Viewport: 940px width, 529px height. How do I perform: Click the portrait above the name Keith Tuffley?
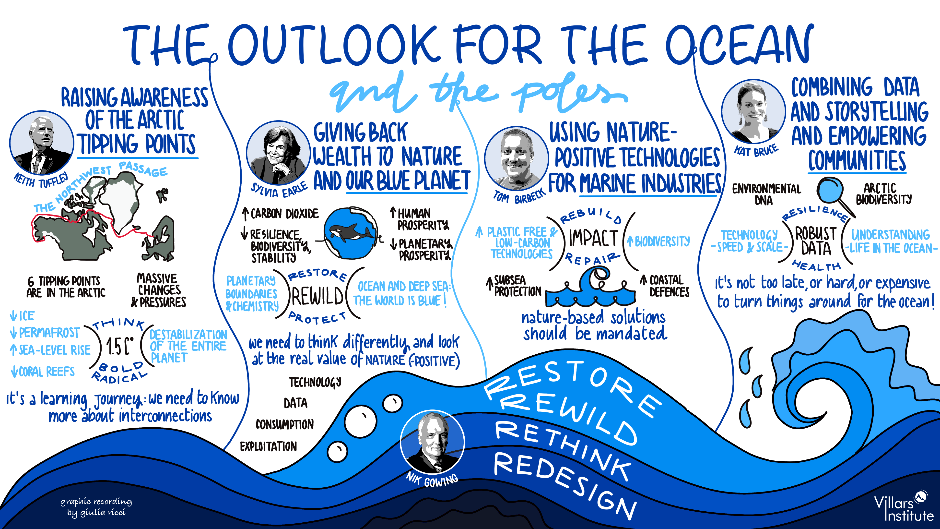(42, 143)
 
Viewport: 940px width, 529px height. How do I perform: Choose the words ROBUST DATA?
(816, 241)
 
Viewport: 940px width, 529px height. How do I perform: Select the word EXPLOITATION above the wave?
(268, 446)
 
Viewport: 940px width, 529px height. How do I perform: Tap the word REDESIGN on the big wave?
(566, 484)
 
